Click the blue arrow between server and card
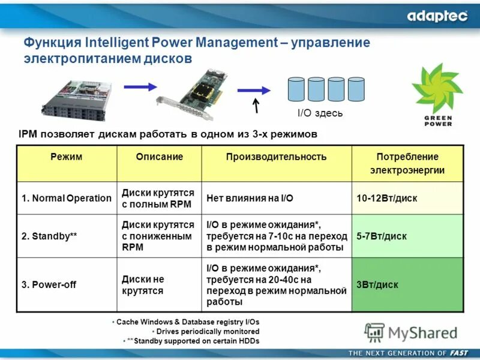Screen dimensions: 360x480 [x=140, y=87]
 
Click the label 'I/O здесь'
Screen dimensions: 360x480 [x=320, y=113]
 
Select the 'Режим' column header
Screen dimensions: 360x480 [x=66, y=157]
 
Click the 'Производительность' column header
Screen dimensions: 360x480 [x=276, y=157]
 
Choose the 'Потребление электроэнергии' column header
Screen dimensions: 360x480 [x=407, y=163]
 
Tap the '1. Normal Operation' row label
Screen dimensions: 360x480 [x=67, y=198]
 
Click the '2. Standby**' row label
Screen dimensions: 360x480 [x=49, y=236]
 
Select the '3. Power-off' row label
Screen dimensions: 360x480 [x=49, y=285]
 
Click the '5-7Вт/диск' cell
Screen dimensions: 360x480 [x=382, y=236]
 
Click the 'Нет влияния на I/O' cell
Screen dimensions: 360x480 [x=250, y=198]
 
